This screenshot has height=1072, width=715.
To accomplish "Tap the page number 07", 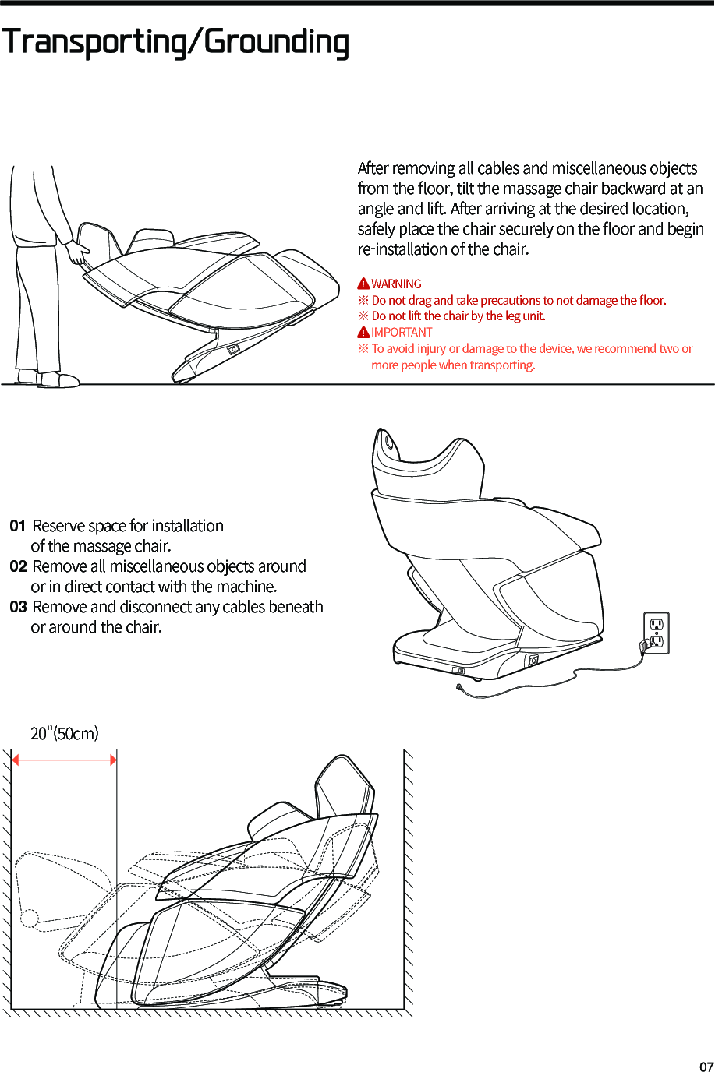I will coord(706,1067).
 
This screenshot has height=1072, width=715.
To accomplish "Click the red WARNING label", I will coord(396,284).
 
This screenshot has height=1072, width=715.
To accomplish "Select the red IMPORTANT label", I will coord(402,333).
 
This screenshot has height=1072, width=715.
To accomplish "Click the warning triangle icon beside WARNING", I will coord(363,284).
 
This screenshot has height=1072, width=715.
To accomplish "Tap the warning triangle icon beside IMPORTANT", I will coord(363,333).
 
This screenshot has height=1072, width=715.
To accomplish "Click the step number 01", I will coord(18,526).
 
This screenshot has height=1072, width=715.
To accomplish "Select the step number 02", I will coord(18,566).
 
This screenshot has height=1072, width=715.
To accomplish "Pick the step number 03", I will coord(18,607).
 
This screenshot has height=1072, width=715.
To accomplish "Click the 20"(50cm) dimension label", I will coord(65,733).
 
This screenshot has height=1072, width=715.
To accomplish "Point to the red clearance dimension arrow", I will coord(64,760).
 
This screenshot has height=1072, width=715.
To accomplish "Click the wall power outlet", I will coord(657,632).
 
